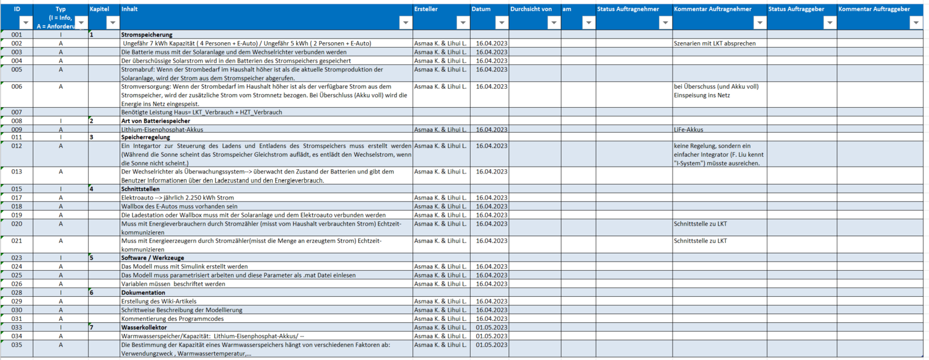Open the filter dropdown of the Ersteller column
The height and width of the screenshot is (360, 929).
pyautogui.click(x=463, y=22)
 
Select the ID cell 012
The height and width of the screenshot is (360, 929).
pyautogui.click(x=17, y=146)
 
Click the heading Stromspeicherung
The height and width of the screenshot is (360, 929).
pyautogui.click(x=147, y=35)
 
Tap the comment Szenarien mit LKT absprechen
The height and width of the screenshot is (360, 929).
pyautogui.click(x=715, y=43)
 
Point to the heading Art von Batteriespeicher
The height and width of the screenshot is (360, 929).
pyautogui.click(x=155, y=121)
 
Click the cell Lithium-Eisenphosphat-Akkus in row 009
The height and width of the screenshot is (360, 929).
pyautogui.click(x=162, y=130)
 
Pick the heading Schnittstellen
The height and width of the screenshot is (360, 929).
pyautogui.click(x=141, y=189)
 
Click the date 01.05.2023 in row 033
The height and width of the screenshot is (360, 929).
pyautogui.click(x=492, y=327)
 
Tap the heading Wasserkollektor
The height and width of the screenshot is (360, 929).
pyautogui.click(x=144, y=327)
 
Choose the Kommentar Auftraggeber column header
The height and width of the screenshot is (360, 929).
pyautogui.click(x=874, y=9)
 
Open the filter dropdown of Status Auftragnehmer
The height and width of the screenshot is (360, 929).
pyautogui.click(x=665, y=22)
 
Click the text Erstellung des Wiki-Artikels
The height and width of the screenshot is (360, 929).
pyautogui.click(x=159, y=301)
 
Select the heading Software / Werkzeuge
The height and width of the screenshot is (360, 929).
pyautogui.click(x=152, y=258)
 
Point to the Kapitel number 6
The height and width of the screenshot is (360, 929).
pyautogui.click(x=92, y=292)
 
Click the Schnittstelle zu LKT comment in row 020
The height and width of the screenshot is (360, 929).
pyautogui.click(x=700, y=223)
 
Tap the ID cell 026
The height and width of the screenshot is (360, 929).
pyautogui.click(x=17, y=284)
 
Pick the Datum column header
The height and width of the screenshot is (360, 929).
pyautogui.click(x=481, y=9)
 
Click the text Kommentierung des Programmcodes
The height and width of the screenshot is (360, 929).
pyautogui.click(x=171, y=318)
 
